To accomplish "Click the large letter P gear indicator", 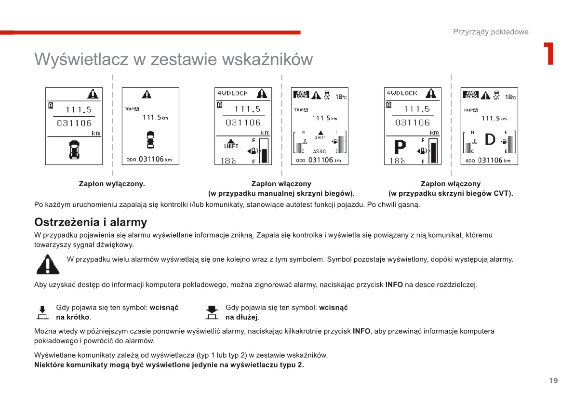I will click(x=400, y=148).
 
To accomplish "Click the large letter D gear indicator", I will click(x=490, y=140).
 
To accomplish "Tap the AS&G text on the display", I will click(x=319, y=151).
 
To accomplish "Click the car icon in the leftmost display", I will click(x=74, y=149).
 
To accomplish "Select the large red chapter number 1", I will click(x=548, y=54).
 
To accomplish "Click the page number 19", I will click(x=553, y=381).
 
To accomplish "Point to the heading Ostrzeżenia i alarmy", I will click(x=91, y=222).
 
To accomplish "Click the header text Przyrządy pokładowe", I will click(x=491, y=32).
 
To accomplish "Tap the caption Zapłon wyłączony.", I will click(x=112, y=184).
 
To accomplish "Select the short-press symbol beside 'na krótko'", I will click(x=42, y=312).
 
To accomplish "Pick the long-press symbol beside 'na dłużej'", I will click(x=212, y=312).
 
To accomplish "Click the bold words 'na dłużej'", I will click(x=241, y=317).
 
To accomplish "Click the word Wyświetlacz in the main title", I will click(x=81, y=59).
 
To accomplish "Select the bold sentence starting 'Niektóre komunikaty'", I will click(x=169, y=365).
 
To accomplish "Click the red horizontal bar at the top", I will click(x=150, y=32).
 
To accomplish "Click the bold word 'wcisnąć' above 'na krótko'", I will click(x=164, y=308).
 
